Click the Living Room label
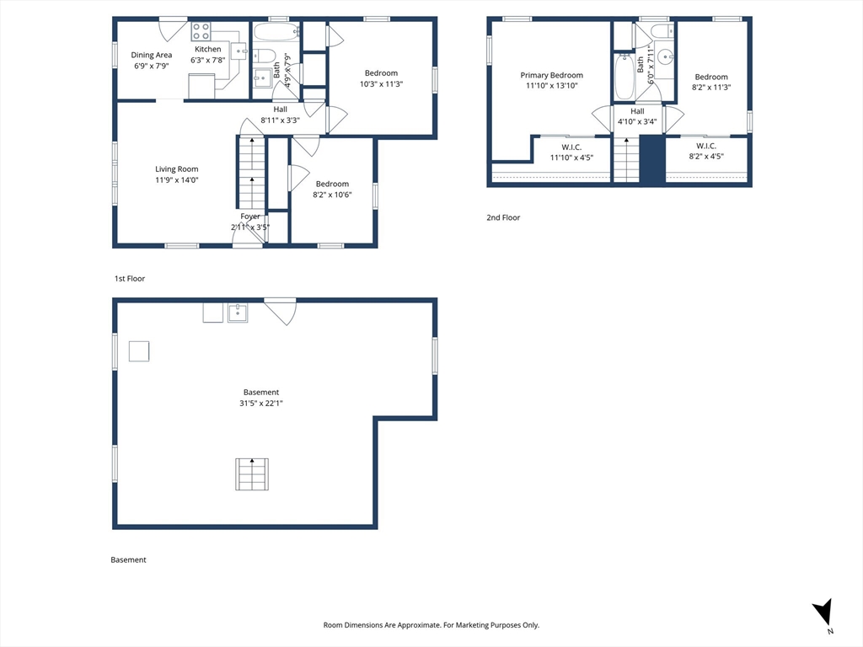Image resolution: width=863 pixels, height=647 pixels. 177,169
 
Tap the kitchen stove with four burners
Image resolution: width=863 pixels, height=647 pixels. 201,31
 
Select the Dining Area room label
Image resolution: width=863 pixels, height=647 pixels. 152,55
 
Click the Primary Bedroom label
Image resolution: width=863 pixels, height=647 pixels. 551,75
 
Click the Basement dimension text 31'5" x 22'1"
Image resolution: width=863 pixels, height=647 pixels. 261,404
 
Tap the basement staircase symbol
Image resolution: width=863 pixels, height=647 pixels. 252,473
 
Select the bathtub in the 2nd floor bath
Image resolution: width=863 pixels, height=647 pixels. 624,77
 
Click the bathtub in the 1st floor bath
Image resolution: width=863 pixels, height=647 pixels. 276,33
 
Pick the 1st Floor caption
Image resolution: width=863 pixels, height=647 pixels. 130,279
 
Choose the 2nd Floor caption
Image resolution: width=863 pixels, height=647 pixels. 503,218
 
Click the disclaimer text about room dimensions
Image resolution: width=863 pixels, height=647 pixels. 431,625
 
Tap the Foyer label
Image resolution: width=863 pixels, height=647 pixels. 249,217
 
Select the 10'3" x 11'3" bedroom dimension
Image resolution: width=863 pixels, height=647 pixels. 382,84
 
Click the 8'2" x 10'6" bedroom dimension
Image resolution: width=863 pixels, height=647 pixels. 332,195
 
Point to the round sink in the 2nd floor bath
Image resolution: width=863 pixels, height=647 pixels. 666,56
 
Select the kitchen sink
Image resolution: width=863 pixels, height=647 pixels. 239,51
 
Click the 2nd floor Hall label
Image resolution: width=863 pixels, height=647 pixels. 637,111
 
